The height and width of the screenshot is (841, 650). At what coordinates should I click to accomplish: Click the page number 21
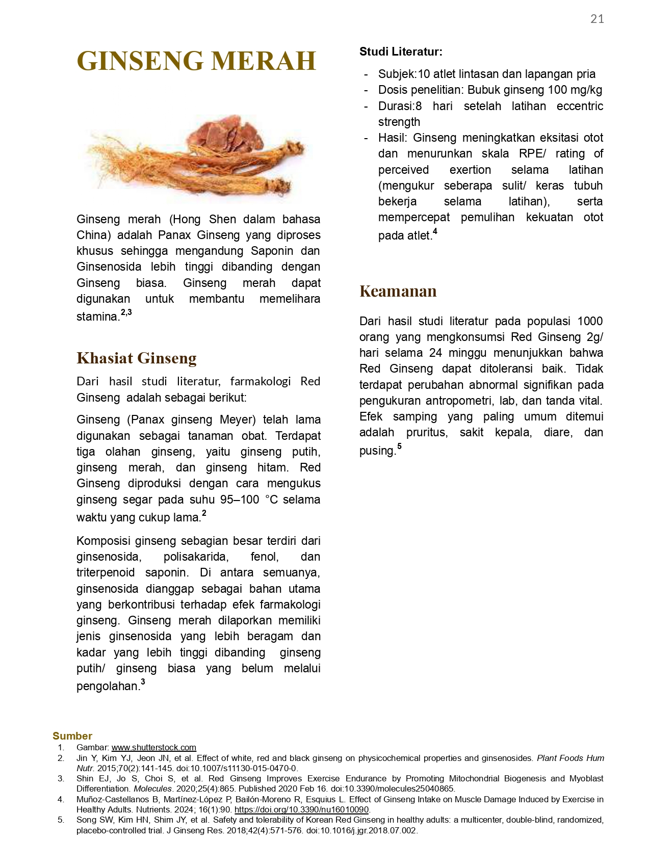(597, 19)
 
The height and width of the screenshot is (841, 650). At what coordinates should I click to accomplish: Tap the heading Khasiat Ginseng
(136, 358)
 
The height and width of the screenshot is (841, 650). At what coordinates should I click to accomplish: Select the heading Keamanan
(398, 291)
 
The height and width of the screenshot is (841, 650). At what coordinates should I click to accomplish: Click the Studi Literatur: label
(401, 51)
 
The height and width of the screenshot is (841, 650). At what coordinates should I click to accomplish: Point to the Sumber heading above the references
(72, 736)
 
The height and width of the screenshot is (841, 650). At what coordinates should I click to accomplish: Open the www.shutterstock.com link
(153, 747)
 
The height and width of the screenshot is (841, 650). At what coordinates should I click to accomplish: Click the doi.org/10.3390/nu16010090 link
(301, 809)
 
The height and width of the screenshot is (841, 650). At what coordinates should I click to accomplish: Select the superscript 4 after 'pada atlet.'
(435, 232)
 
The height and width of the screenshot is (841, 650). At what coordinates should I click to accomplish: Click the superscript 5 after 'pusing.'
(399, 446)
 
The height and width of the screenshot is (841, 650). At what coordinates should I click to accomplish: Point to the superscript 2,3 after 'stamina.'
(126, 312)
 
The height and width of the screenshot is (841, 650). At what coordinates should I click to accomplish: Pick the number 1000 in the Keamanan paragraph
(590, 321)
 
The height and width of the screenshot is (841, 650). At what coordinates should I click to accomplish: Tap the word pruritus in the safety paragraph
(426, 433)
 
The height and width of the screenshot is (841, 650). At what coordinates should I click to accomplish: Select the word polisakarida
(196, 557)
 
